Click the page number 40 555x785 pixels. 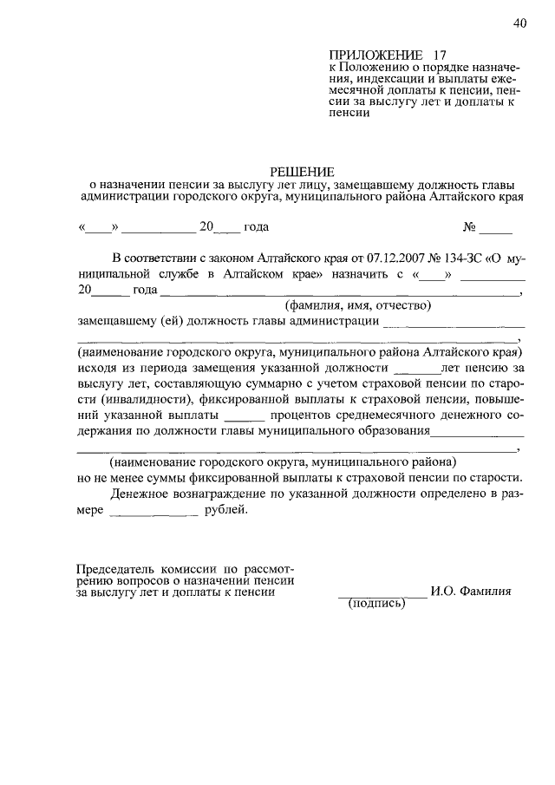click(x=519, y=23)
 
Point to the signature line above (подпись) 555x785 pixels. click(x=381, y=596)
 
